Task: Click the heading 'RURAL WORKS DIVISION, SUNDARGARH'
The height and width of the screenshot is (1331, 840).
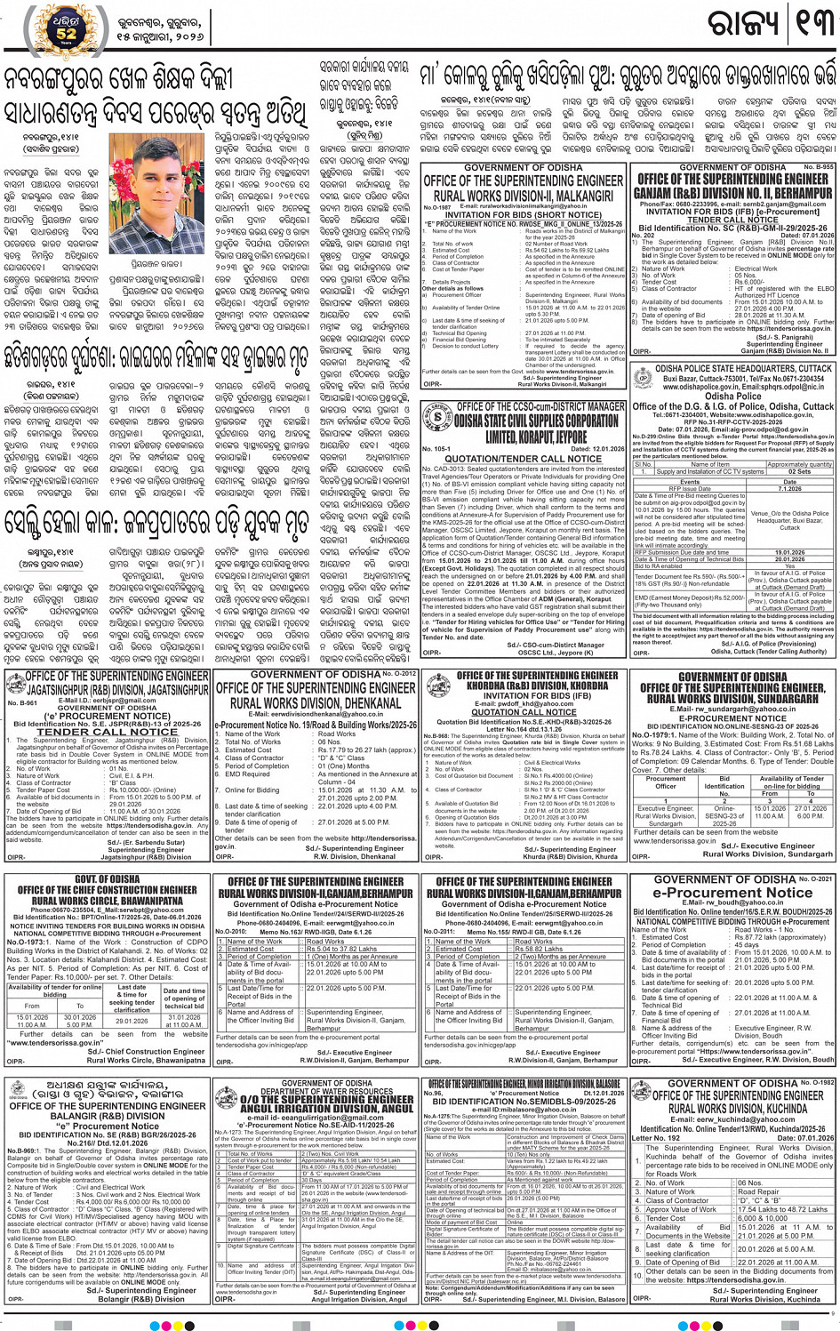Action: pos(732,699)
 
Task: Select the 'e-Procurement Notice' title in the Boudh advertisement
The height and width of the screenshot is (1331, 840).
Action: pos(732,893)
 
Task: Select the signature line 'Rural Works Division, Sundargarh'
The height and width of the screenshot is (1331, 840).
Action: pos(767,854)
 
